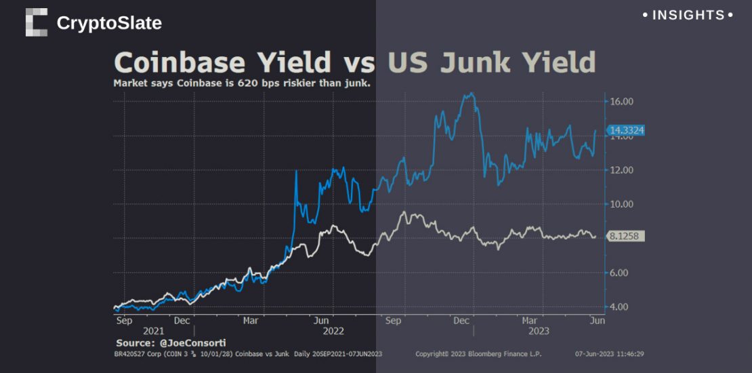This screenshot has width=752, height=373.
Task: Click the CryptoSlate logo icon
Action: tap(37, 22)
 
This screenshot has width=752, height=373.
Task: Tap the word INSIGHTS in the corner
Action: tap(688, 15)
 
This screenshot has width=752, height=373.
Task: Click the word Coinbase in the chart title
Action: tap(180, 62)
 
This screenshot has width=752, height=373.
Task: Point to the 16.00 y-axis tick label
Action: tap(621, 102)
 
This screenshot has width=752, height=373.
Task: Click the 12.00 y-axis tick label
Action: tap(621, 170)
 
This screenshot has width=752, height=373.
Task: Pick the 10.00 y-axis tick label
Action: tap(621, 204)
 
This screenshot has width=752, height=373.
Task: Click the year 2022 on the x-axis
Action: tap(333, 331)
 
